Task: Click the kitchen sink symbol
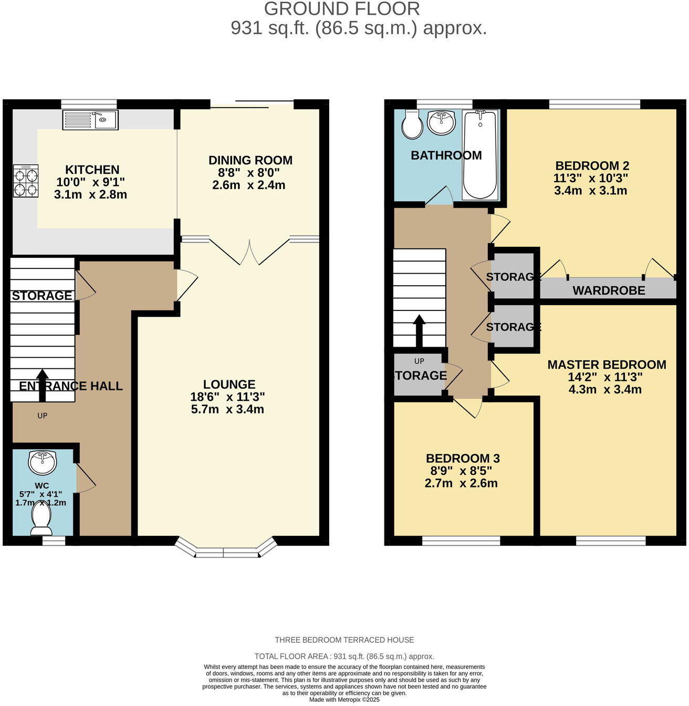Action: tap(90, 120)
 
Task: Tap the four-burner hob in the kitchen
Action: tap(26, 181)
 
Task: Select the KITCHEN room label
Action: tap(92, 170)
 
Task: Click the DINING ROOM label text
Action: tap(250, 160)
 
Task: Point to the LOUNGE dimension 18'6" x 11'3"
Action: tap(227, 397)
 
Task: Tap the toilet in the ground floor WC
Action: tap(41, 517)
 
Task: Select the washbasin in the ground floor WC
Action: tap(43, 463)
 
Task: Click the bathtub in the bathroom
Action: tap(479, 155)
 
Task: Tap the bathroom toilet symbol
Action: tap(412, 125)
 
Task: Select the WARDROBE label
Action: tap(609, 290)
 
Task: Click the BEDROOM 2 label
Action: tap(592, 165)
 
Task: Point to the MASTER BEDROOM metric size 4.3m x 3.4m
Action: tap(605, 390)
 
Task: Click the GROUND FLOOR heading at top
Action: tap(342, 9)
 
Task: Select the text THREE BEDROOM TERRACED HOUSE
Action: tap(344, 640)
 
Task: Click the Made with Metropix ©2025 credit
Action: tap(344, 700)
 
